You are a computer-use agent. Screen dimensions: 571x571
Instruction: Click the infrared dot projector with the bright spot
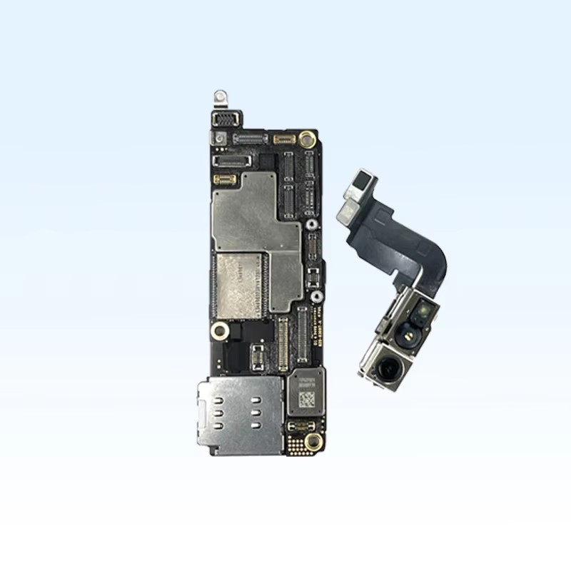423,312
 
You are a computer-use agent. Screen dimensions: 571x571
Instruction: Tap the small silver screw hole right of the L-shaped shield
311,224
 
